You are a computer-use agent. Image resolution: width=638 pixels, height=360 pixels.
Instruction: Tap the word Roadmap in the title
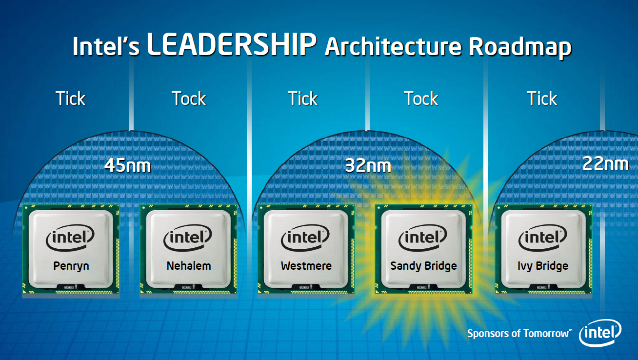click(520, 47)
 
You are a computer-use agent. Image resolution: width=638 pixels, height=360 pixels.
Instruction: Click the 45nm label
click(128, 165)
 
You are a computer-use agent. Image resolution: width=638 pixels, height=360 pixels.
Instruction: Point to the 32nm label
click(368, 165)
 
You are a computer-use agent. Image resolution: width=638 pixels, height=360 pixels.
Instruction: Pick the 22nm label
click(605, 163)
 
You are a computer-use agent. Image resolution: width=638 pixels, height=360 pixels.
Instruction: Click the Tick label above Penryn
click(70, 99)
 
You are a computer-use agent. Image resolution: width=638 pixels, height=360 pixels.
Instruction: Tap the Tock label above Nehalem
click(189, 99)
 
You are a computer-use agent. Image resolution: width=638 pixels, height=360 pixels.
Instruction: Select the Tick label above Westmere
click(302, 99)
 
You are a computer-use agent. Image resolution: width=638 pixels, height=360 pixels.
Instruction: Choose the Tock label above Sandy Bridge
click(421, 99)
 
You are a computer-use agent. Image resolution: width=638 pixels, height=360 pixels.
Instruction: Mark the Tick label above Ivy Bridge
click(542, 99)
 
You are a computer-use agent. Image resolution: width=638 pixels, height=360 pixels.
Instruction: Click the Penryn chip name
click(71, 266)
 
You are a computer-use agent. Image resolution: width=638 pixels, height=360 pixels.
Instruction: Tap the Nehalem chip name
click(189, 266)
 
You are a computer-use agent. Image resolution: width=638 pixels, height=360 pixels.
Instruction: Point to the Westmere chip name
click(306, 266)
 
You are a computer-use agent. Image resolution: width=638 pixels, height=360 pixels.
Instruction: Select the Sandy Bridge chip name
click(423, 266)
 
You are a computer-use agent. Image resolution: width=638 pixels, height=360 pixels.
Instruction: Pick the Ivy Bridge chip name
click(543, 266)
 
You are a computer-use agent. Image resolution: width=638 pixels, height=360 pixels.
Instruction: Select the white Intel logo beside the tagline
click(600, 333)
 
